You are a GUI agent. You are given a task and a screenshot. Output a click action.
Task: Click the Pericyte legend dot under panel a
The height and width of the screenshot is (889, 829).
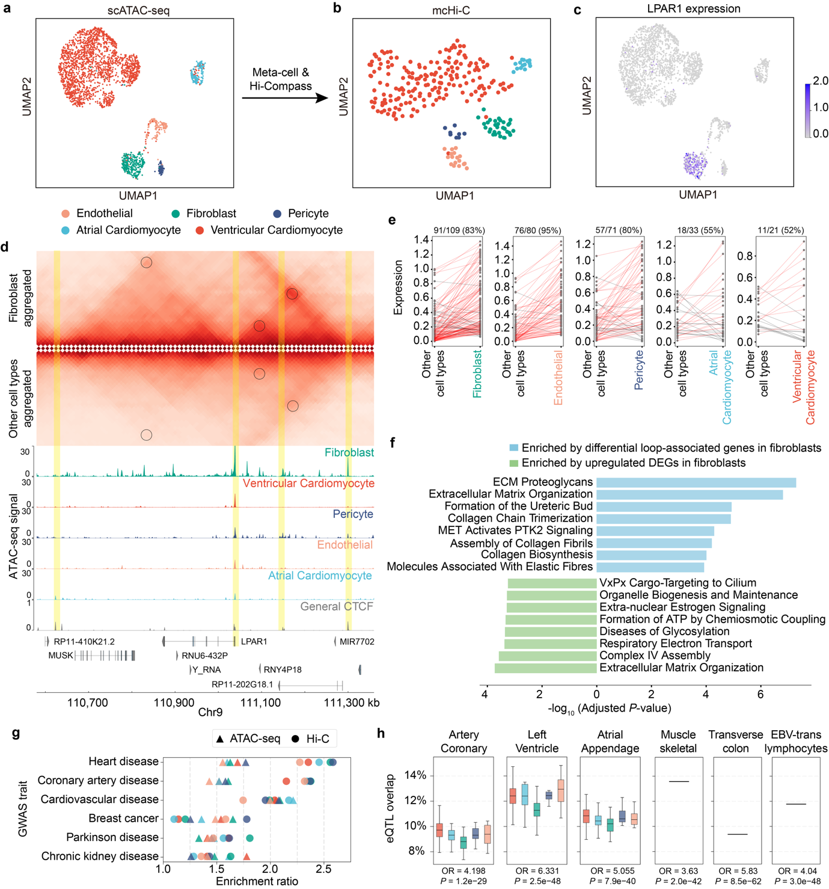tap(277, 214)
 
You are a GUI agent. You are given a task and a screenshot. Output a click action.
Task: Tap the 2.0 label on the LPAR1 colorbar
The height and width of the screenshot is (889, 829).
tap(821, 81)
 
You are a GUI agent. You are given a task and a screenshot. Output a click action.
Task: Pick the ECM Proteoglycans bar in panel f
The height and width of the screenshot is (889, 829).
tap(696, 482)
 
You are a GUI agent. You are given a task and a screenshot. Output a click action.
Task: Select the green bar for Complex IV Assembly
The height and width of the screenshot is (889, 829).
tap(547, 656)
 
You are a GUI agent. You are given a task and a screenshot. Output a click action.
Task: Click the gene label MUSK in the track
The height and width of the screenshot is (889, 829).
tap(61, 655)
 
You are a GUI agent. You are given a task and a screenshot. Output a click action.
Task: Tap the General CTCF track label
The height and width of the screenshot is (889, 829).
tap(337, 606)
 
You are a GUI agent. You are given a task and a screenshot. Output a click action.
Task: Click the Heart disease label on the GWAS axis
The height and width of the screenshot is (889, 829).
tap(123, 761)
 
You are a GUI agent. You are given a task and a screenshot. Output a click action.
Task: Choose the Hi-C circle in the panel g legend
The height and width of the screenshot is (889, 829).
tap(295, 739)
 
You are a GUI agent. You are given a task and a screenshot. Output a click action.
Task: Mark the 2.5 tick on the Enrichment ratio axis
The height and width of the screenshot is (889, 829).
tap(323, 868)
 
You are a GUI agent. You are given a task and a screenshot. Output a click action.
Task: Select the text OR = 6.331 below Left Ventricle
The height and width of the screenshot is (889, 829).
tap(537, 870)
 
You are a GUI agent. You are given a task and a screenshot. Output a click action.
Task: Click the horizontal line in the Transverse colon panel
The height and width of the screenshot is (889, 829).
tap(737, 834)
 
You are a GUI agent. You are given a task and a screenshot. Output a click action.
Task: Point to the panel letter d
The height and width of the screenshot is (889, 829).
tap(5, 247)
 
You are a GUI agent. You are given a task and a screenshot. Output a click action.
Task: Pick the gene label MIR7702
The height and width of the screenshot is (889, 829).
tap(356, 642)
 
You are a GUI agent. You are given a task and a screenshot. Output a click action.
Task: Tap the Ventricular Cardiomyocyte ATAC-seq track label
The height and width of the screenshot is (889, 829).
tap(308, 483)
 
